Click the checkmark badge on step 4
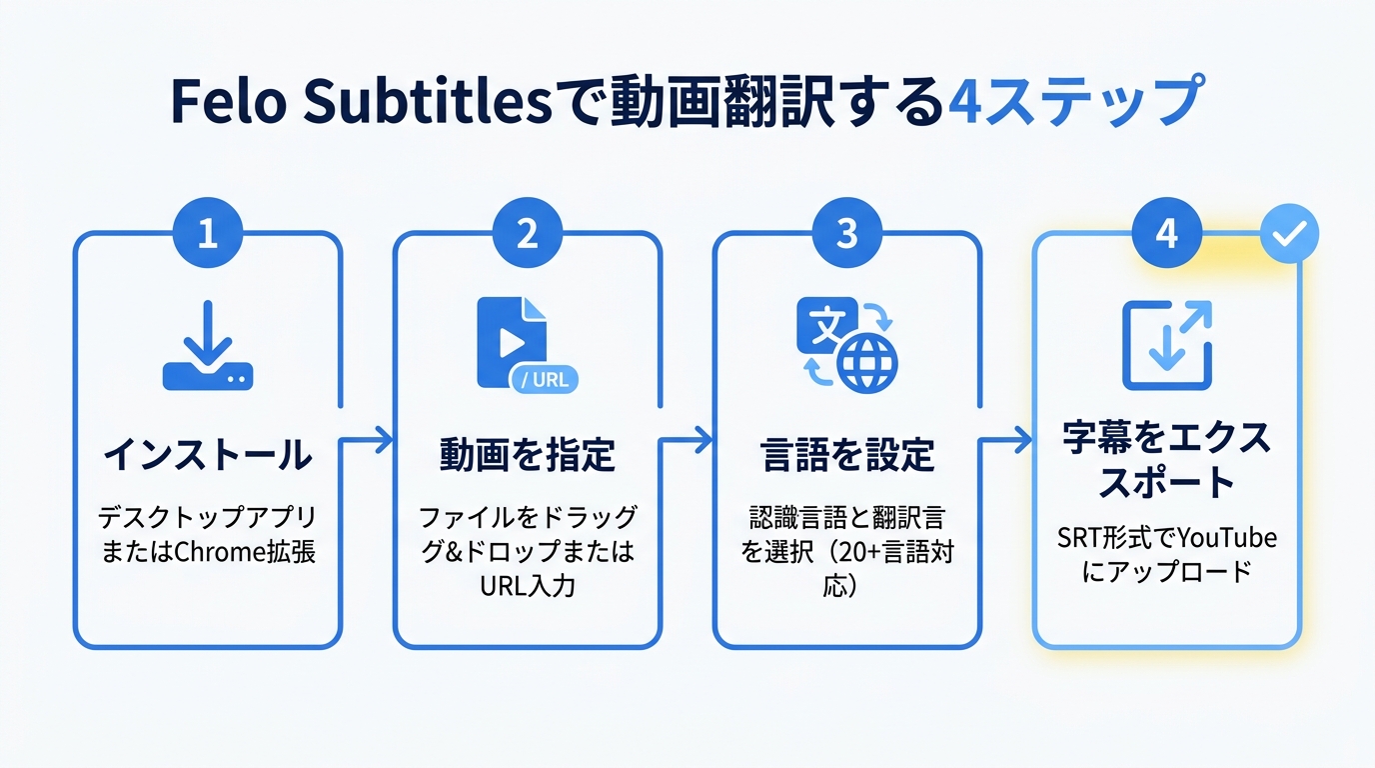pyautogui.click(x=1289, y=234)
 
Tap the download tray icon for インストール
pyautogui.click(x=208, y=346)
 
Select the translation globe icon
pyautogui.click(x=847, y=345)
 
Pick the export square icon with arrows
pyautogui.click(x=1167, y=345)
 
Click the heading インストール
pyautogui.click(x=208, y=456)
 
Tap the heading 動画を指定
pyautogui.click(x=528, y=456)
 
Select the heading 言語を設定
pyautogui.click(x=847, y=456)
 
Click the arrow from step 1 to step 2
pyautogui.click(x=368, y=439)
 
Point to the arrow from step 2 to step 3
pyautogui.click(x=687, y=439)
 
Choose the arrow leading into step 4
pyautogui.click(x=1007, y=439)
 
